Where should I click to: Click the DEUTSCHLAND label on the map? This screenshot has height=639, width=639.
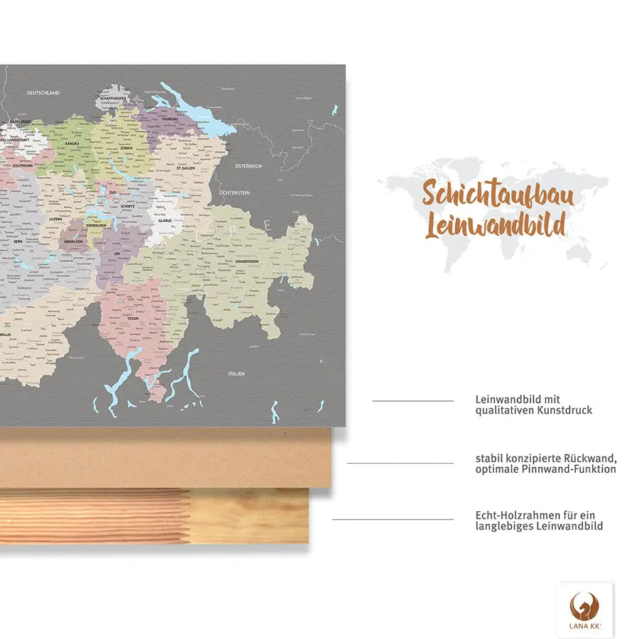[x=43, y=93]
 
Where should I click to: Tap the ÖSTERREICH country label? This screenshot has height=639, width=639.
[x=249, y=166]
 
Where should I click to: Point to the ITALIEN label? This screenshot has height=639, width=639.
[x=236, y=373]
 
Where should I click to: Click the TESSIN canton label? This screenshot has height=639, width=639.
[x=132, y=318]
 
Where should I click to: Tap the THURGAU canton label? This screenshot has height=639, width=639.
[x=170, y=119]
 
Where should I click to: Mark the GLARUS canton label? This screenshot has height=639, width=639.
[x=165, y=220]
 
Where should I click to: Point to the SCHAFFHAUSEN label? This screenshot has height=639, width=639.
[x=113, y=98]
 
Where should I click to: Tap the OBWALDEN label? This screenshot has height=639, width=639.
[x=73, y=241]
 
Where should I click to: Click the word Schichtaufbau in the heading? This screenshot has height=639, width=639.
[x=498, y=193]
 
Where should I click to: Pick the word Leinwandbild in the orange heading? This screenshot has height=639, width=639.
[x=496, y=225]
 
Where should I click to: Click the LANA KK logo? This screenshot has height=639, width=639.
[x=585, y=609]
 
